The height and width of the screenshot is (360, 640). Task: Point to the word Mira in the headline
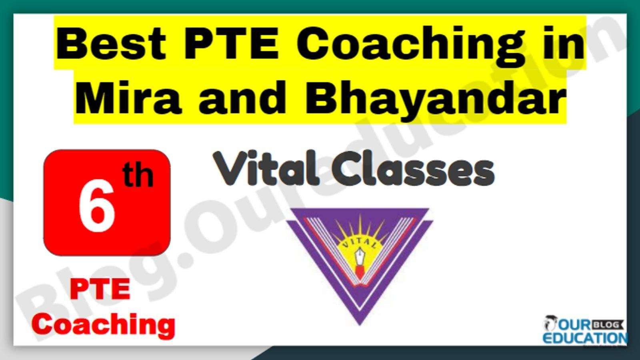tap(128, 97)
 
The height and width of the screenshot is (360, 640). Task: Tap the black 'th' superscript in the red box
tap(138, 176)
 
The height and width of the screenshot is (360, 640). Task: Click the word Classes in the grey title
tap(413, 168)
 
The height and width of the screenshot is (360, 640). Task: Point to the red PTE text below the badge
tap(100, 290)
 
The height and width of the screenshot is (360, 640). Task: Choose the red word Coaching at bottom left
tap(104, 325)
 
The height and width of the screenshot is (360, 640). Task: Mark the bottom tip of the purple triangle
tap(360, 325)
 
